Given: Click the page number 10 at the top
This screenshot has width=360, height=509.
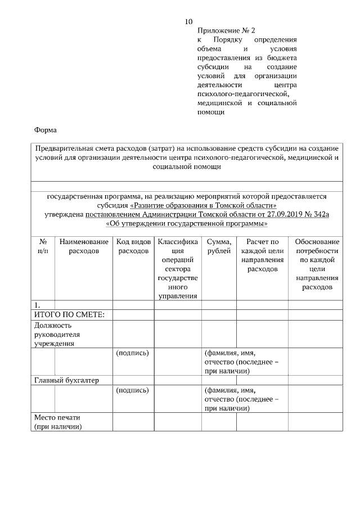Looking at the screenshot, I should coord(188,22).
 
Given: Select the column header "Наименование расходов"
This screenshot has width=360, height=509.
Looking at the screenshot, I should coord(83,246).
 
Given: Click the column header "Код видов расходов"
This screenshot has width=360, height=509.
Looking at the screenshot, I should coord(133,246).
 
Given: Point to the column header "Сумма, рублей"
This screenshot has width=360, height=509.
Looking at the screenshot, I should coord(219,246).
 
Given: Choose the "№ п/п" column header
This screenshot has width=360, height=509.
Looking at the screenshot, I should coord(43,246).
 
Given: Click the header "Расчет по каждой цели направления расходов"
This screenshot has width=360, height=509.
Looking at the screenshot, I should coord(262,255).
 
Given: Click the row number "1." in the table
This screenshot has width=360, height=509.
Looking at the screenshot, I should coord(38,305).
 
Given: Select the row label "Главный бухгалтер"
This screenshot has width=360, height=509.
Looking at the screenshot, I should coord(66,380).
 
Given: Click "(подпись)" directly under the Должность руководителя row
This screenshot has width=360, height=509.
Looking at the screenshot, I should coord(132,353).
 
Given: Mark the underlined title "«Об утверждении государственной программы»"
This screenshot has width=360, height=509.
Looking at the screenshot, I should coord(186,224).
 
